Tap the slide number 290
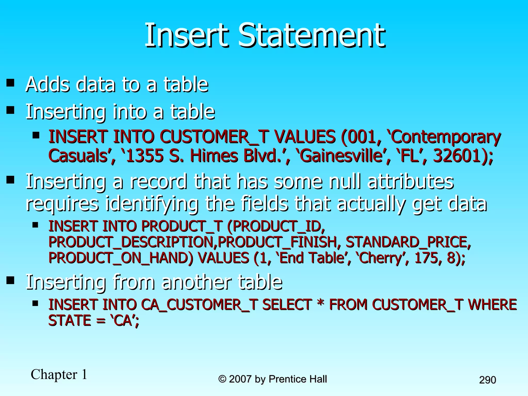point(488,380)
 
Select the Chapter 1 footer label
point(59,374)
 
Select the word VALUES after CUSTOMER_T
point(304,137)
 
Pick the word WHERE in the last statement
point(492,304)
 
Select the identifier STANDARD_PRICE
point(408,242)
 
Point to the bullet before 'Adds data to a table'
point(11,83)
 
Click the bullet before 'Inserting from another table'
point(11,280)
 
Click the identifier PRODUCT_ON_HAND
point(121,258)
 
